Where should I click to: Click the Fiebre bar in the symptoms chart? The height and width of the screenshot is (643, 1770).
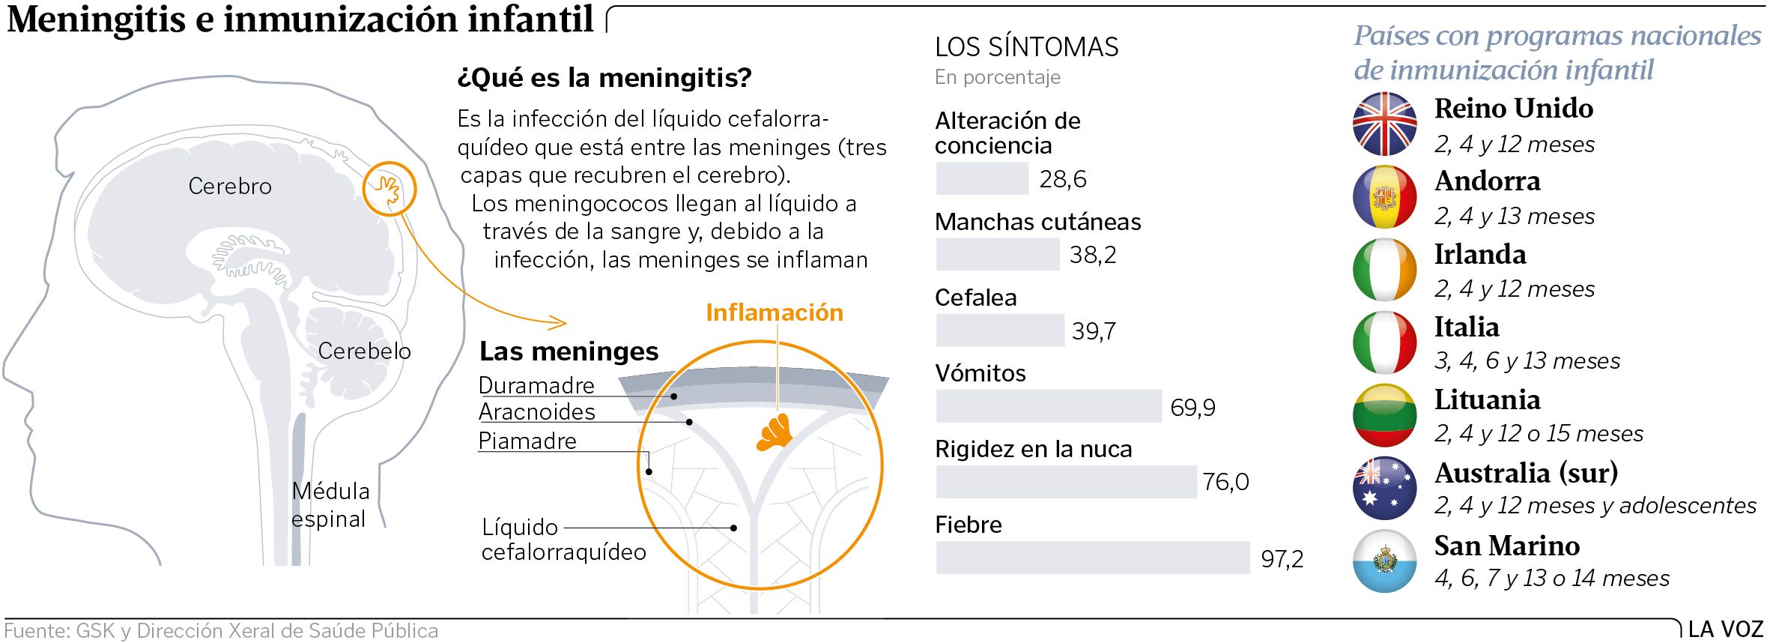pos(1092,558)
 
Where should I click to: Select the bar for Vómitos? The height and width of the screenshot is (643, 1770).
pos(1048,406)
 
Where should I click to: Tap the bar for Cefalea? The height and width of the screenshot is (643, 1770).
pos(999,330)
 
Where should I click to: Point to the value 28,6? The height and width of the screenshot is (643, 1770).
pos(1062,179)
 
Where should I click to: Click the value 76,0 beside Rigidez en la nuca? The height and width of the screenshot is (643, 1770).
pos(1225,482)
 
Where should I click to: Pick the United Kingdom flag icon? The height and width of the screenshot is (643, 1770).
pos(1384,124)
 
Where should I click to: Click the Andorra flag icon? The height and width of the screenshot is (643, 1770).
pos(1384,197)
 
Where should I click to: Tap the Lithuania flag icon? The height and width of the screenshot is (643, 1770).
pos(1384,415)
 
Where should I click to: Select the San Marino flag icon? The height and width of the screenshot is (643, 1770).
pos(1384,561)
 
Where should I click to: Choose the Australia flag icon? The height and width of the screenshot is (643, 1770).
pos(1384,488)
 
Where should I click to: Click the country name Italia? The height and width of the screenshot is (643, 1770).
pos(1466,327)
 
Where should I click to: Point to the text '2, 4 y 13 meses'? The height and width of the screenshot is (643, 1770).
pos(1514,217)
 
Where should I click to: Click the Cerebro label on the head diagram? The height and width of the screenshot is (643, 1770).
pos(230,186)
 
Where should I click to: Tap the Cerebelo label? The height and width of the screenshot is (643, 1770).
pos(364,351)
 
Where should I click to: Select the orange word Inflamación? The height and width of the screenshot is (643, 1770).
pos(774,313)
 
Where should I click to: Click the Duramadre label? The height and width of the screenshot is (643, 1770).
pos(536,385)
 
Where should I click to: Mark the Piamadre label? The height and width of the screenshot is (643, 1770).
pos(527,441)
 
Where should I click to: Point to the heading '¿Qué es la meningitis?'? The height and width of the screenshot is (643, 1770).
pos(604,78)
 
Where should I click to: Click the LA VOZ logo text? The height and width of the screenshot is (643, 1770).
pos(1726,630)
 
